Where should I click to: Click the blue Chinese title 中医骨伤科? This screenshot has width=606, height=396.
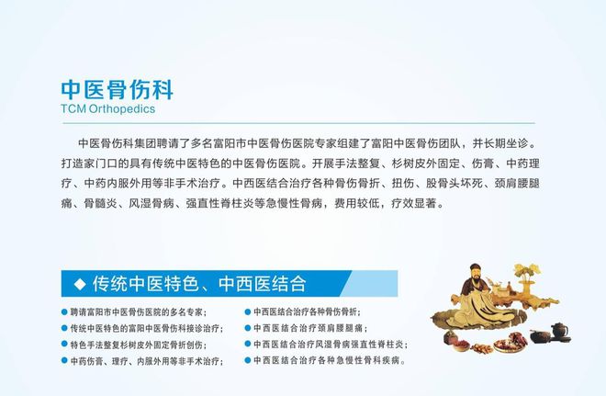pos(118,90)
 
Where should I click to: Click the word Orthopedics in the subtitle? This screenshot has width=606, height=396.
pos(122,109)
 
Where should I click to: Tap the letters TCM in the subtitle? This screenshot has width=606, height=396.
pos(73,108)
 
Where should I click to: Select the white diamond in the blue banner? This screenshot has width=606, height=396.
pos(80,284)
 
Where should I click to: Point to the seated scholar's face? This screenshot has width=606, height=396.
pos(476,275)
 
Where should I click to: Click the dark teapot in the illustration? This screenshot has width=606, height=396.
pos(559,332)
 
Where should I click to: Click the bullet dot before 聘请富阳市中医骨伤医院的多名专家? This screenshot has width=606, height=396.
pos(64,311)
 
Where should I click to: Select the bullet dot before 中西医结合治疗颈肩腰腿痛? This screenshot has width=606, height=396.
pos(248,328)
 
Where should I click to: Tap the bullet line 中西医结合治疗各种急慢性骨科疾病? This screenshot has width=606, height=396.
pos(330,360)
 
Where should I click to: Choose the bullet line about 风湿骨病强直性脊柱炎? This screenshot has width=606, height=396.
pos(330,345)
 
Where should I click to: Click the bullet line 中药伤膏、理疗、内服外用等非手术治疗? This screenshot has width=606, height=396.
pos(147,361)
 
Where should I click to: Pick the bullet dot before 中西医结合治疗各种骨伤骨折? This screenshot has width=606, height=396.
pos(248,311)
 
